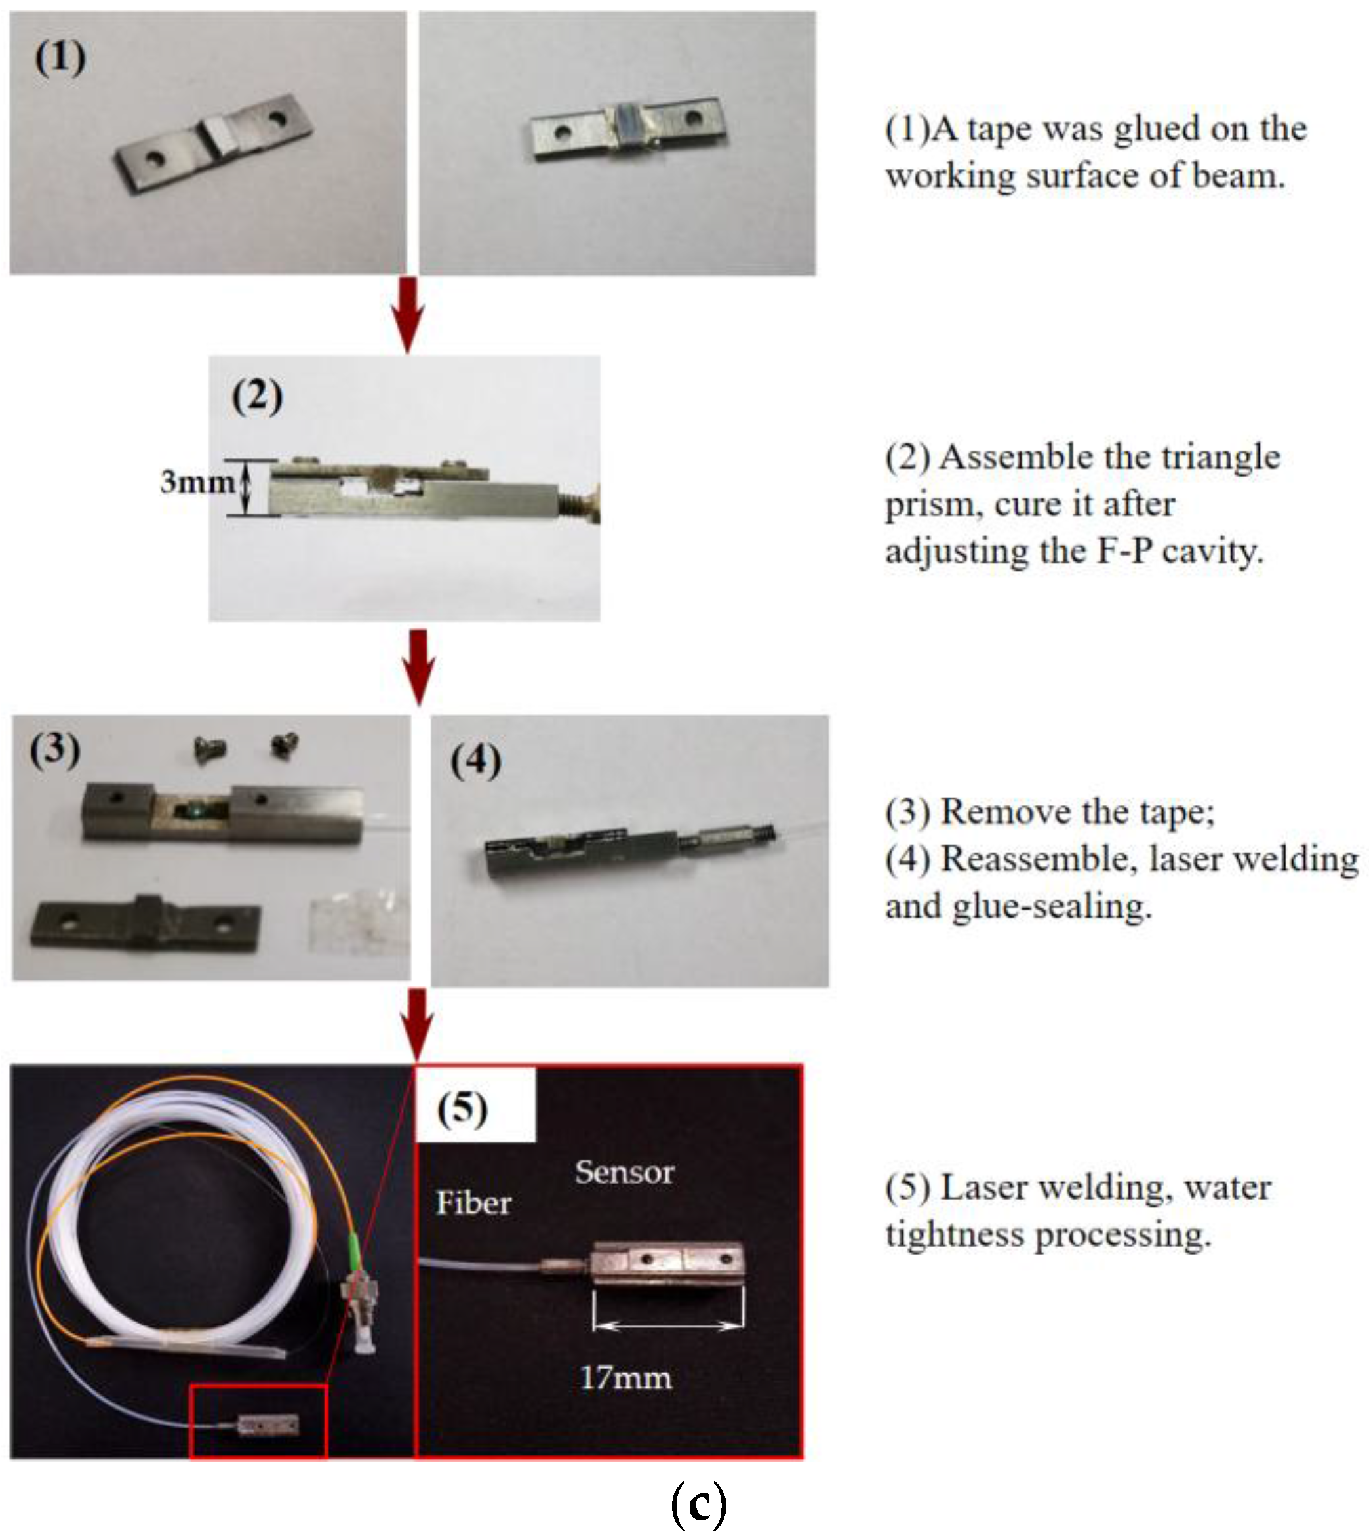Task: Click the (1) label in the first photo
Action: [x=60, y=58]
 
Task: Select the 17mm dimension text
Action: [x=626, y=1378]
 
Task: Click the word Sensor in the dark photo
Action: [x=624, y=1173]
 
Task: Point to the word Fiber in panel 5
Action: [x=473, y=1203]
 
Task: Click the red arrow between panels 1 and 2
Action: [x=408, y=313]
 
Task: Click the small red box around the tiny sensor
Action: [x=258, y=1421]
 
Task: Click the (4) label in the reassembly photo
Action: [x=475, y=761]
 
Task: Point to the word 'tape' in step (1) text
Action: [x=1000, y=129]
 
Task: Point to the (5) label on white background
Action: [x=463, y=1109]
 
